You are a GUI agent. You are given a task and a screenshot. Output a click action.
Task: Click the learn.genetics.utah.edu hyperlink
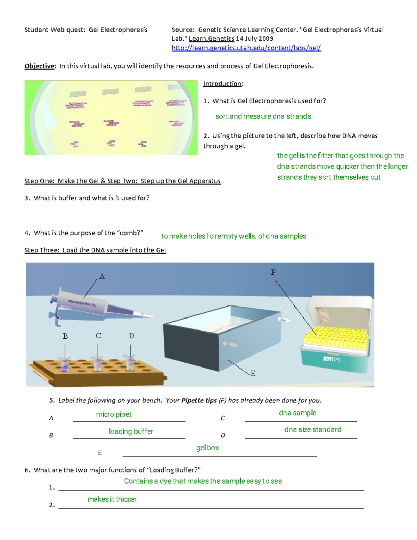click(246, 48)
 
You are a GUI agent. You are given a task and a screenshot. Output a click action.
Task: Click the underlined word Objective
click(39, 66)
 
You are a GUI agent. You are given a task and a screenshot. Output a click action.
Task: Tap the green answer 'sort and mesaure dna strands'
click(263, 116)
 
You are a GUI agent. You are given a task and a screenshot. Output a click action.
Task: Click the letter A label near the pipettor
click(102, 276)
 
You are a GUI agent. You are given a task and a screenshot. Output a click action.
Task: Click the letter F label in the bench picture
click(273, 272)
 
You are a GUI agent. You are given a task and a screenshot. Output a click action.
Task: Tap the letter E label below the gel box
click(253, 373)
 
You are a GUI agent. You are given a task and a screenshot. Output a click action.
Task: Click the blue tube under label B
click(65, 364)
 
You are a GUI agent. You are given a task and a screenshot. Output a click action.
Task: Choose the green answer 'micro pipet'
click(114, 414)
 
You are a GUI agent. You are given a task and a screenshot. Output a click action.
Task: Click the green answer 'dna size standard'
click(312, 430)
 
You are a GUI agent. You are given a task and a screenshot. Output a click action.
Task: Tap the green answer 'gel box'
click(207, 448)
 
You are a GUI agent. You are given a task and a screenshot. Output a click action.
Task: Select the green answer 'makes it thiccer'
click(112, 499)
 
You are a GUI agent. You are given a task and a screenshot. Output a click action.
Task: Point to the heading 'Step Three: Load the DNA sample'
click(95, 250)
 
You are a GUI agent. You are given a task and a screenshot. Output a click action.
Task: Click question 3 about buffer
click(87, 198)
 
